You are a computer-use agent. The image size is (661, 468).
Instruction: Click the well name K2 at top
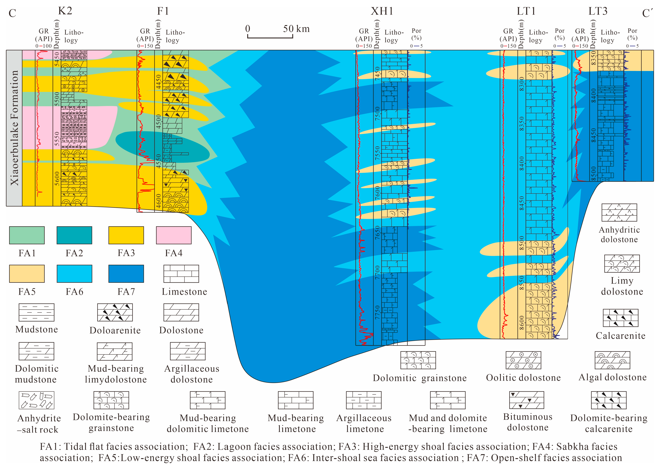pos(65,11)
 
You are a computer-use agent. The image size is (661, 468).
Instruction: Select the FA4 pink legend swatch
pos(174,235)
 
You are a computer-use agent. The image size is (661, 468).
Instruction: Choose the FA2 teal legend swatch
pos(74,235)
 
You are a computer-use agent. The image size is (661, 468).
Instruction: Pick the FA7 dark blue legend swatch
pos(126,274)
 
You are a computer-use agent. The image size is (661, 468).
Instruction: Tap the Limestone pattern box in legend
pos(181,274)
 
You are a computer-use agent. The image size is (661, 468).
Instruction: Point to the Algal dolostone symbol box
pos(612,360)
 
